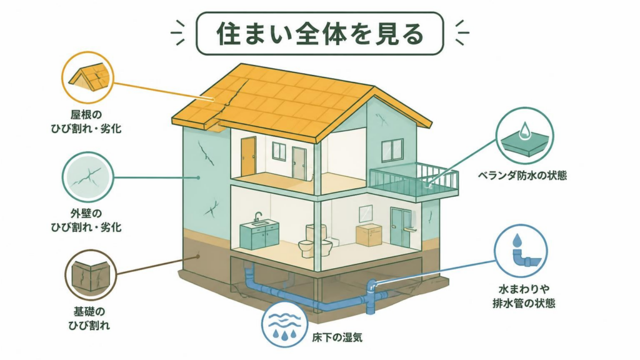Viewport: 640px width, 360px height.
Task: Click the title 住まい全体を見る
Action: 319,34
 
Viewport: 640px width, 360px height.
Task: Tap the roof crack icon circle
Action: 87,77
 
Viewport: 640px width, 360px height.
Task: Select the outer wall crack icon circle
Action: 87,177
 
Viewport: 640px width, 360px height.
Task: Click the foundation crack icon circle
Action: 91,275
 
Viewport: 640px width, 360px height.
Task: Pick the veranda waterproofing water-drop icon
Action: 524,136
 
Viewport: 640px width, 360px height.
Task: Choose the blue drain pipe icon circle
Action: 521,251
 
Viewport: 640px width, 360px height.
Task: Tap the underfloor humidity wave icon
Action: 284,324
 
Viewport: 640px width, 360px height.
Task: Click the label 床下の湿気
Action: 337,337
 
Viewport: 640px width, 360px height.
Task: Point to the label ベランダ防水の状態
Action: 522,176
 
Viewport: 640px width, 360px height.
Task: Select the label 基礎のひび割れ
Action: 89,318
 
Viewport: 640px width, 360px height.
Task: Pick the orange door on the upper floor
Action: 248,156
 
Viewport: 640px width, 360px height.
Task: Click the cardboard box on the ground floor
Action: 369,235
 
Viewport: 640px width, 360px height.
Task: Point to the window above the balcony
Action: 392,149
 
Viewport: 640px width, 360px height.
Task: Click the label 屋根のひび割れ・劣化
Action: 86,122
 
